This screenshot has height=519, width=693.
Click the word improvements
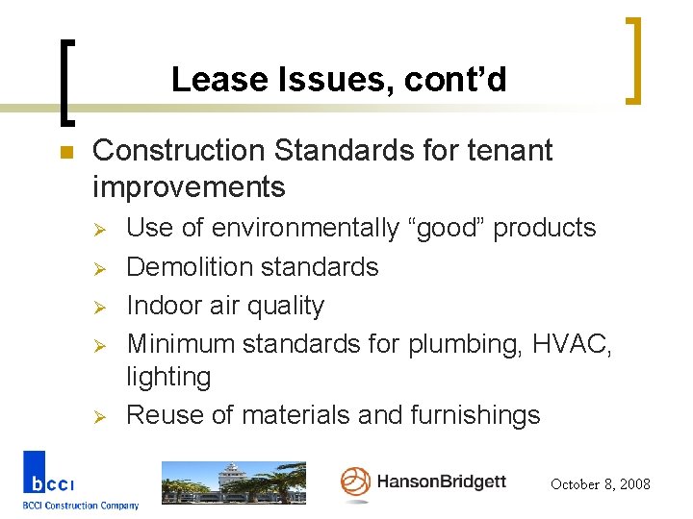click(x=189, y=185)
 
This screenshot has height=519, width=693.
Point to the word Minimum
click(x=180, y=343)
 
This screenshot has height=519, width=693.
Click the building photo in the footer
click(x=233, y=482)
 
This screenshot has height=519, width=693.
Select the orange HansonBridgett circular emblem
click(x=355, y=482)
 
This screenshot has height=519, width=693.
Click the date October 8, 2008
click(x=600, y=484)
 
